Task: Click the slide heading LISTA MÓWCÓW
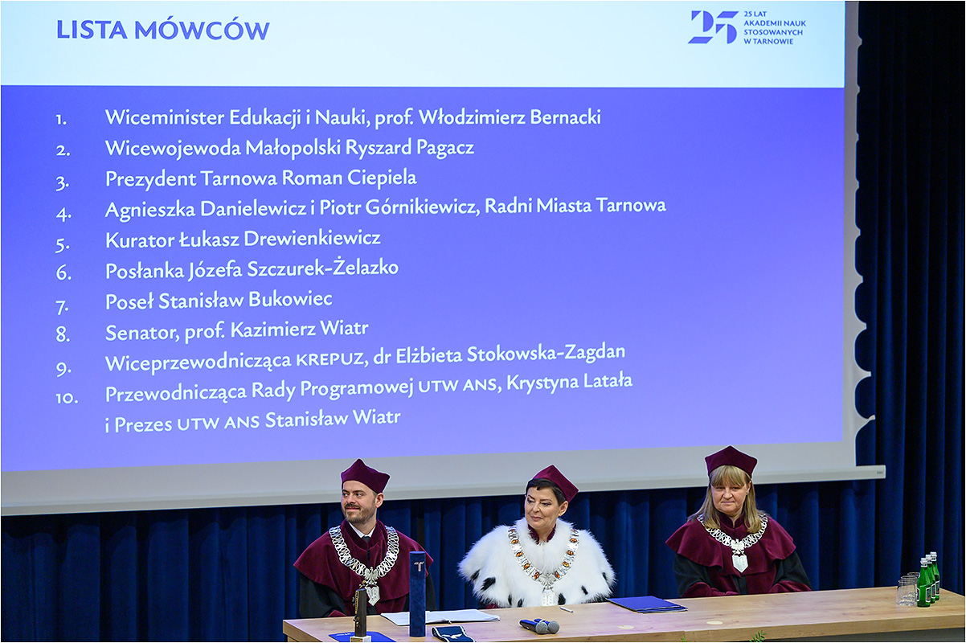tap(163, 31)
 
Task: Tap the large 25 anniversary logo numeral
tap(713, 27)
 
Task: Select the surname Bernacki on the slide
tap(565, 117)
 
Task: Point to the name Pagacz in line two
tap(445, 148)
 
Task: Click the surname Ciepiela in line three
tap(382, 178)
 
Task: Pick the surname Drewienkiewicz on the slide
tap(313, 239)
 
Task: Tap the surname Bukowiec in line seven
tap(290, 299)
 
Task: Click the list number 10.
tap(67, 398)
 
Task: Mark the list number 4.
tap(63, 214)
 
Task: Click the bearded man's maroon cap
tap(365, 476)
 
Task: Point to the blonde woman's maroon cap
tap(731, 461)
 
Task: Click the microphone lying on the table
tap(539, 625)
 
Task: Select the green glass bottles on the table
tap(927, 580)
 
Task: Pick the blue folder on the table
tap(647, 604)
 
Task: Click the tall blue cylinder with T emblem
tap(417, 593)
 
